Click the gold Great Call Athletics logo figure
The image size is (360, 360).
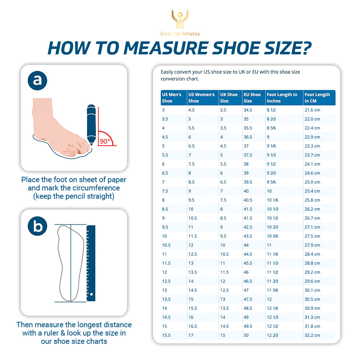coord(180,19)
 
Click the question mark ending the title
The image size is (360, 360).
coord(306,48)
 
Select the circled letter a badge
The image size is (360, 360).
coord(37,81)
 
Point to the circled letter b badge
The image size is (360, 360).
coord(37,226)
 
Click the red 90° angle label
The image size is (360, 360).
coord(105,141)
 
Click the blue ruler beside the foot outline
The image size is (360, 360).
coord(91,263)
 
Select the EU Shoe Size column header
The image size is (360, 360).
coord(252,98)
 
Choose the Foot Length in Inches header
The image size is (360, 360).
coord(282,98)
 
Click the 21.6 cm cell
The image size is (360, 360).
coord(312,110)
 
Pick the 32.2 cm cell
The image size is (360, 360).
coord(312,335)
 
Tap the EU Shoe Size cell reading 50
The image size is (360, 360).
coord(246,335)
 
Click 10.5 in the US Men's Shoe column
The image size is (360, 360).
coord(166,245)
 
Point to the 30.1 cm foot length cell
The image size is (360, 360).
coord(312,290)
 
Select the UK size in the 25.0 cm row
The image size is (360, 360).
coord(223,182)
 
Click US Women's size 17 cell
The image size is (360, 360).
coord(191,335)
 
